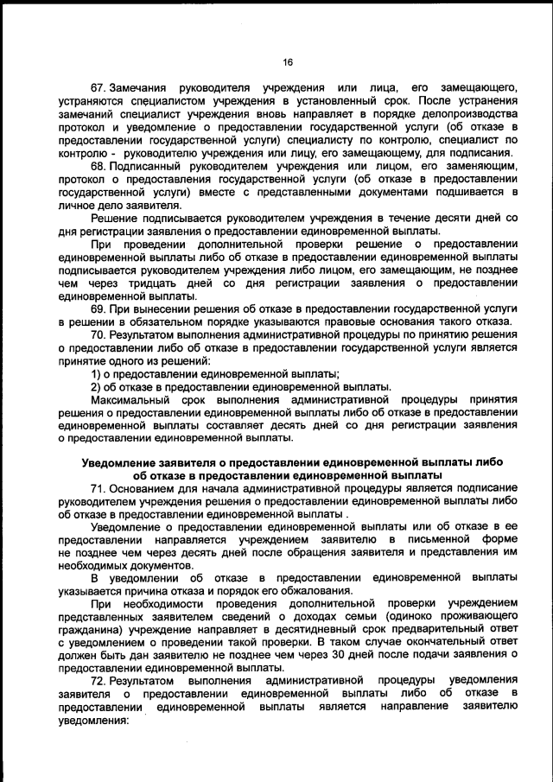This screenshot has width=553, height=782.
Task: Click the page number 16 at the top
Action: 289,61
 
